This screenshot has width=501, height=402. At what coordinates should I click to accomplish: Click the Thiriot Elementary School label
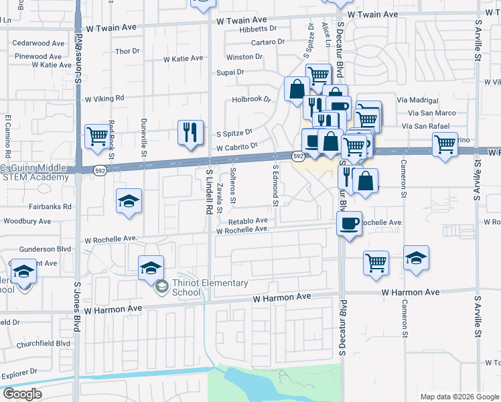click(x=210, y=287)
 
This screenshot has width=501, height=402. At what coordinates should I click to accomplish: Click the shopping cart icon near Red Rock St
click(x=97, y=136)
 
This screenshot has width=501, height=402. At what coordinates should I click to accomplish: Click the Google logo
click(x=22, y=393)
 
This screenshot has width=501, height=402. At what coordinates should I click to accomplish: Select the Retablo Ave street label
click(x=248, y=220)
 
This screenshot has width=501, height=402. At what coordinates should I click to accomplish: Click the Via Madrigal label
click(x=421, y=99)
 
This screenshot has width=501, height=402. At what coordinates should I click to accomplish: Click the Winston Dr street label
click(x=244, y=57)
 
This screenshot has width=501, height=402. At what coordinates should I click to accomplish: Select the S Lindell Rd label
click(x=209, y=192)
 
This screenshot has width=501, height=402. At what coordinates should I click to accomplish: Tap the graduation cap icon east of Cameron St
click(x=416, y=258)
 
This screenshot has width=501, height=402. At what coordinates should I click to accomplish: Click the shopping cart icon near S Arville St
click(x=445, y=144)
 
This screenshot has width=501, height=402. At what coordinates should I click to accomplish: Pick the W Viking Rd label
click(x=104, y=98)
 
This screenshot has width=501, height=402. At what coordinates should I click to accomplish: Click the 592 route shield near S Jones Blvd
click(x=99, y=170)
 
